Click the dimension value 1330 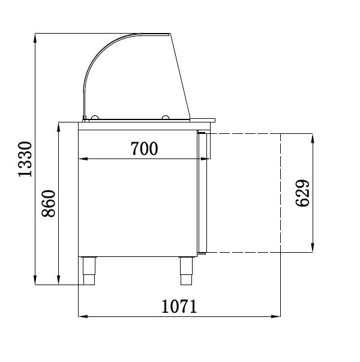24,160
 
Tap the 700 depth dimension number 144,148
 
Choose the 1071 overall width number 179,306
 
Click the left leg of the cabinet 89,271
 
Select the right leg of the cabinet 187,271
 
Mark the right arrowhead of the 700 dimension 206,158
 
